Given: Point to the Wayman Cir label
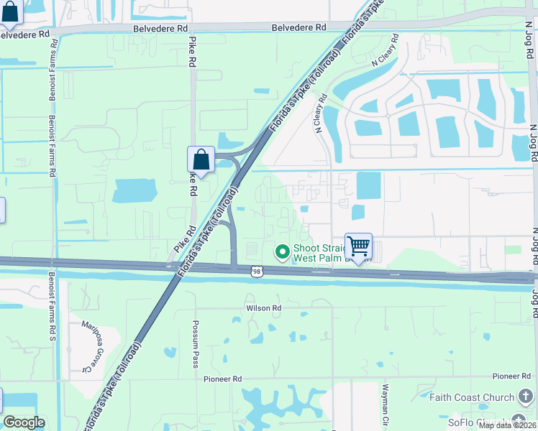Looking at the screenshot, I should pos(386,402).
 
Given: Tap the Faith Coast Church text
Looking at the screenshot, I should pos(471,397).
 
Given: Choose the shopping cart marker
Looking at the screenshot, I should pos(357,246).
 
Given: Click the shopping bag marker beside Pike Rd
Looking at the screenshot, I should pos(201,159).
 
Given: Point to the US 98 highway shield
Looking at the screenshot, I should pos(257,271).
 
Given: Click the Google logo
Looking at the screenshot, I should pos(24,422).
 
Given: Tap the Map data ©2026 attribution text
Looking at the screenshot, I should pos(507,425).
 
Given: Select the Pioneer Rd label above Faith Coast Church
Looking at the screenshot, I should pos(511,376).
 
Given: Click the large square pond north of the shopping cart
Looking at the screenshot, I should pos(369,186).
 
